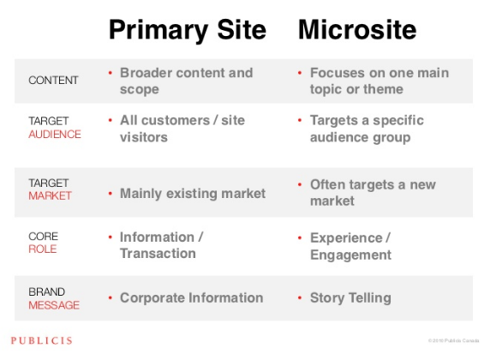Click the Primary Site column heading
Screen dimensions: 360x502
[x=187, y=31]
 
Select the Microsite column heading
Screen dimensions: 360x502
[x=357, y=31]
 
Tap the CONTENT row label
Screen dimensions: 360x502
[x=53, y=81]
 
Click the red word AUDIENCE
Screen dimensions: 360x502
[x=55, y=135]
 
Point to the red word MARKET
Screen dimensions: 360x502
[x=51, y=195]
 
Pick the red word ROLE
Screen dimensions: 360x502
[x=43, y=249]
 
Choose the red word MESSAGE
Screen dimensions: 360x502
[x=54, y=304]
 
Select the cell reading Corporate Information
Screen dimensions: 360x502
[x=191, y=297]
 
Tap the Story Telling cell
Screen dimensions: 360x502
[x=350, y=297]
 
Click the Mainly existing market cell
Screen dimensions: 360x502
[x=193, y=194]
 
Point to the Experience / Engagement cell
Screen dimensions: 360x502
[x=350, y=245]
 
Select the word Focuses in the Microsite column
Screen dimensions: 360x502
[x=337, y=72]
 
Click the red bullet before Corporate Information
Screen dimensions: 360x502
[x=110, y=297]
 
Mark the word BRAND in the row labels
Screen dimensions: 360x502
[x=46, y=291]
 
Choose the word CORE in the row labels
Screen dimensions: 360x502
[x=44, y=236]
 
